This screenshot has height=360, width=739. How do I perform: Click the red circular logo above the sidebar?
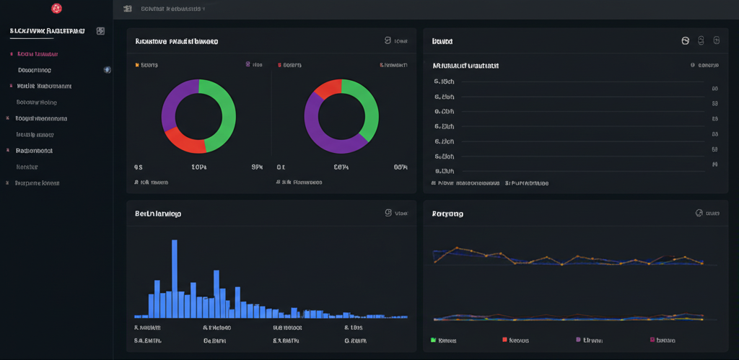(x=56, y=9)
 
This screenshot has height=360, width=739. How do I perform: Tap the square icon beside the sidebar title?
(x=100, y=31)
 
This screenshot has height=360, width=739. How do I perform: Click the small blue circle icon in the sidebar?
(x=108, y=70)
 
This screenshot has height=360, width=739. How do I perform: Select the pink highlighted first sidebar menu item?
(x=38, y=54)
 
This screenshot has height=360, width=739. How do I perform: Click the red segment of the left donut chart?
(x=183, y=141)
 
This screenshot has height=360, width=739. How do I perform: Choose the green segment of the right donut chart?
(x=365, y=108)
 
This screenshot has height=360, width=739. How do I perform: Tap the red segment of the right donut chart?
(x=327, y=89)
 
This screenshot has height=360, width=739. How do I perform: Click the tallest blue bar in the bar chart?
(x=175, y=278)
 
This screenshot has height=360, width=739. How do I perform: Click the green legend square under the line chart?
(x=433, y=340)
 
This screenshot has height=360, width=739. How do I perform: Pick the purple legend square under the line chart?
(x=578, y=340)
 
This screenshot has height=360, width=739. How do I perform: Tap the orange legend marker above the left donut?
(x=137, y=65)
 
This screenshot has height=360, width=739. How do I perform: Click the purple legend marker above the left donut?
(x=248, y=65)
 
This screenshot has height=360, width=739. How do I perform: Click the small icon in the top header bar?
(x=128, y=9)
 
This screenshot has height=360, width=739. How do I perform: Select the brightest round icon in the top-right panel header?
(x=686, y=41)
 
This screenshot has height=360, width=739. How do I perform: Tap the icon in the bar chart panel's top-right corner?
(x=388, y=213)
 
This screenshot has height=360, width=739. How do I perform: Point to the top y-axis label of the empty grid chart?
(x=444, y=82)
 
